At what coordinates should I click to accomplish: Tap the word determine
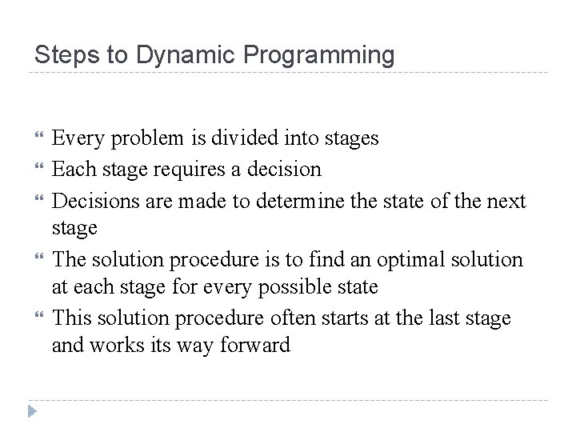(301, 200)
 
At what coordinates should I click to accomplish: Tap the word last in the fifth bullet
(442, 318)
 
